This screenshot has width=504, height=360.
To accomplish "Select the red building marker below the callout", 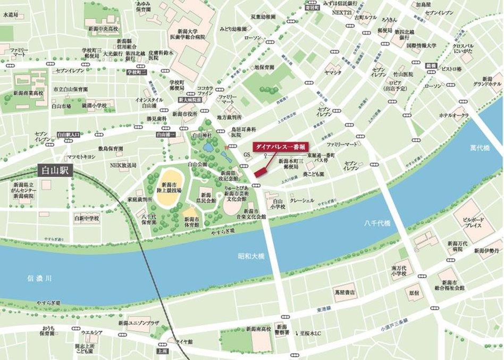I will point(261,171).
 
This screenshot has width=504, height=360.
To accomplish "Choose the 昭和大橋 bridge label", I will point(250,256).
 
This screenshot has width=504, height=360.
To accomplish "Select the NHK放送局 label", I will point(123,165).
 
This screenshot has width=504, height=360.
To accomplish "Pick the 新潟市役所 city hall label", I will point(186,114).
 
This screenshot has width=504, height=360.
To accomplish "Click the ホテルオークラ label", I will point(453,115).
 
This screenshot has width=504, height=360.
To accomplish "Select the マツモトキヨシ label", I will point(80,157).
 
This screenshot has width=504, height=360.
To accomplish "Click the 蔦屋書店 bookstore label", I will point(345,292).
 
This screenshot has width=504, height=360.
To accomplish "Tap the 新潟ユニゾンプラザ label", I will point(139,323).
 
